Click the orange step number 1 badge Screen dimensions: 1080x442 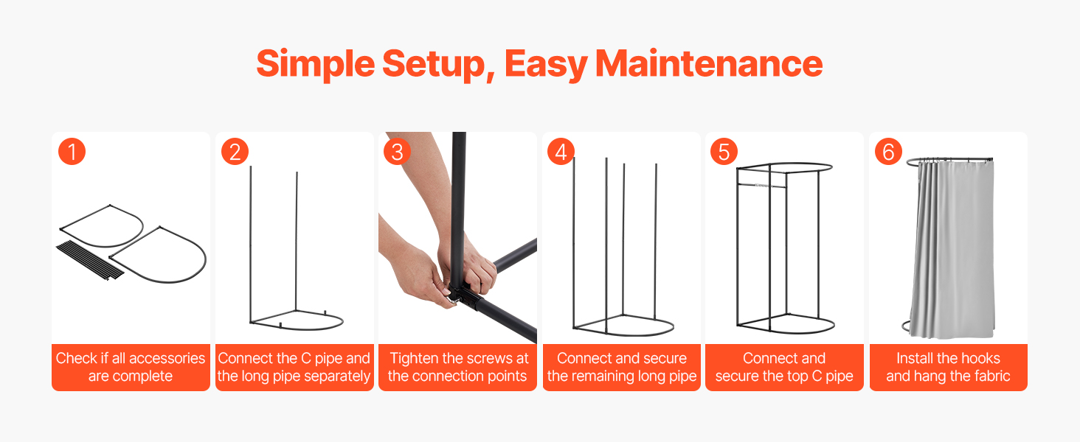click(72, 152)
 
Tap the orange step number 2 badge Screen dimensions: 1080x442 click(235, 152)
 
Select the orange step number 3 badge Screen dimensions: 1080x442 click(398, 152)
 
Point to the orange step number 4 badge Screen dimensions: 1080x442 click(561, 152)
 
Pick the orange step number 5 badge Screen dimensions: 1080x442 click(724, 152)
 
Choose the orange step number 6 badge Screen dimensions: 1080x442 click(888, 152)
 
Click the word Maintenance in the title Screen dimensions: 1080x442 click(709, 64)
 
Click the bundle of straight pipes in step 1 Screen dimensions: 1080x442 click(90, 261)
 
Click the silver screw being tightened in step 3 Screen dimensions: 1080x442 click(454, 302)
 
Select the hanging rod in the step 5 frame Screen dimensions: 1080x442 click(762, 186)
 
